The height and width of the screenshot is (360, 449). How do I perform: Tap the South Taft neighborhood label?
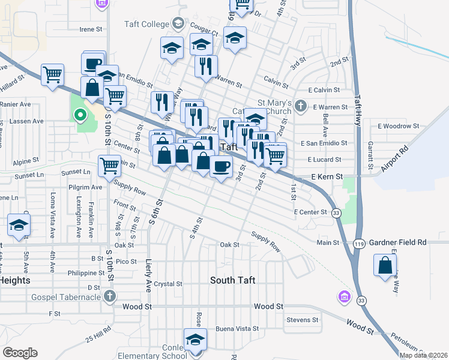pos(233,280)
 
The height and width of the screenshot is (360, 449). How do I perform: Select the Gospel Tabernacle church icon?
pos(109,296)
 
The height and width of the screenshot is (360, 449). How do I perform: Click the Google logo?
pos(20,353)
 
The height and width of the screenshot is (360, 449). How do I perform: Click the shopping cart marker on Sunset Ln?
pos(109,166)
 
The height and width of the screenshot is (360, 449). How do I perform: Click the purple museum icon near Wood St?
pos(344,296)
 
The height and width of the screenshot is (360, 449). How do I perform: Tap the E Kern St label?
pos(327,177)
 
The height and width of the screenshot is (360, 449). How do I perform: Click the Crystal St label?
pos(168,284)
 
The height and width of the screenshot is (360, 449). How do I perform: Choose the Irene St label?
pos(92,29)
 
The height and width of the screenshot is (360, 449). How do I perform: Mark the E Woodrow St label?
pos(398,126)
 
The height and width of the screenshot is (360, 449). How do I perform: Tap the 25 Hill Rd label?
pos(98,334)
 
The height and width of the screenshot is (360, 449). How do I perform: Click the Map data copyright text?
pos(423,355)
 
